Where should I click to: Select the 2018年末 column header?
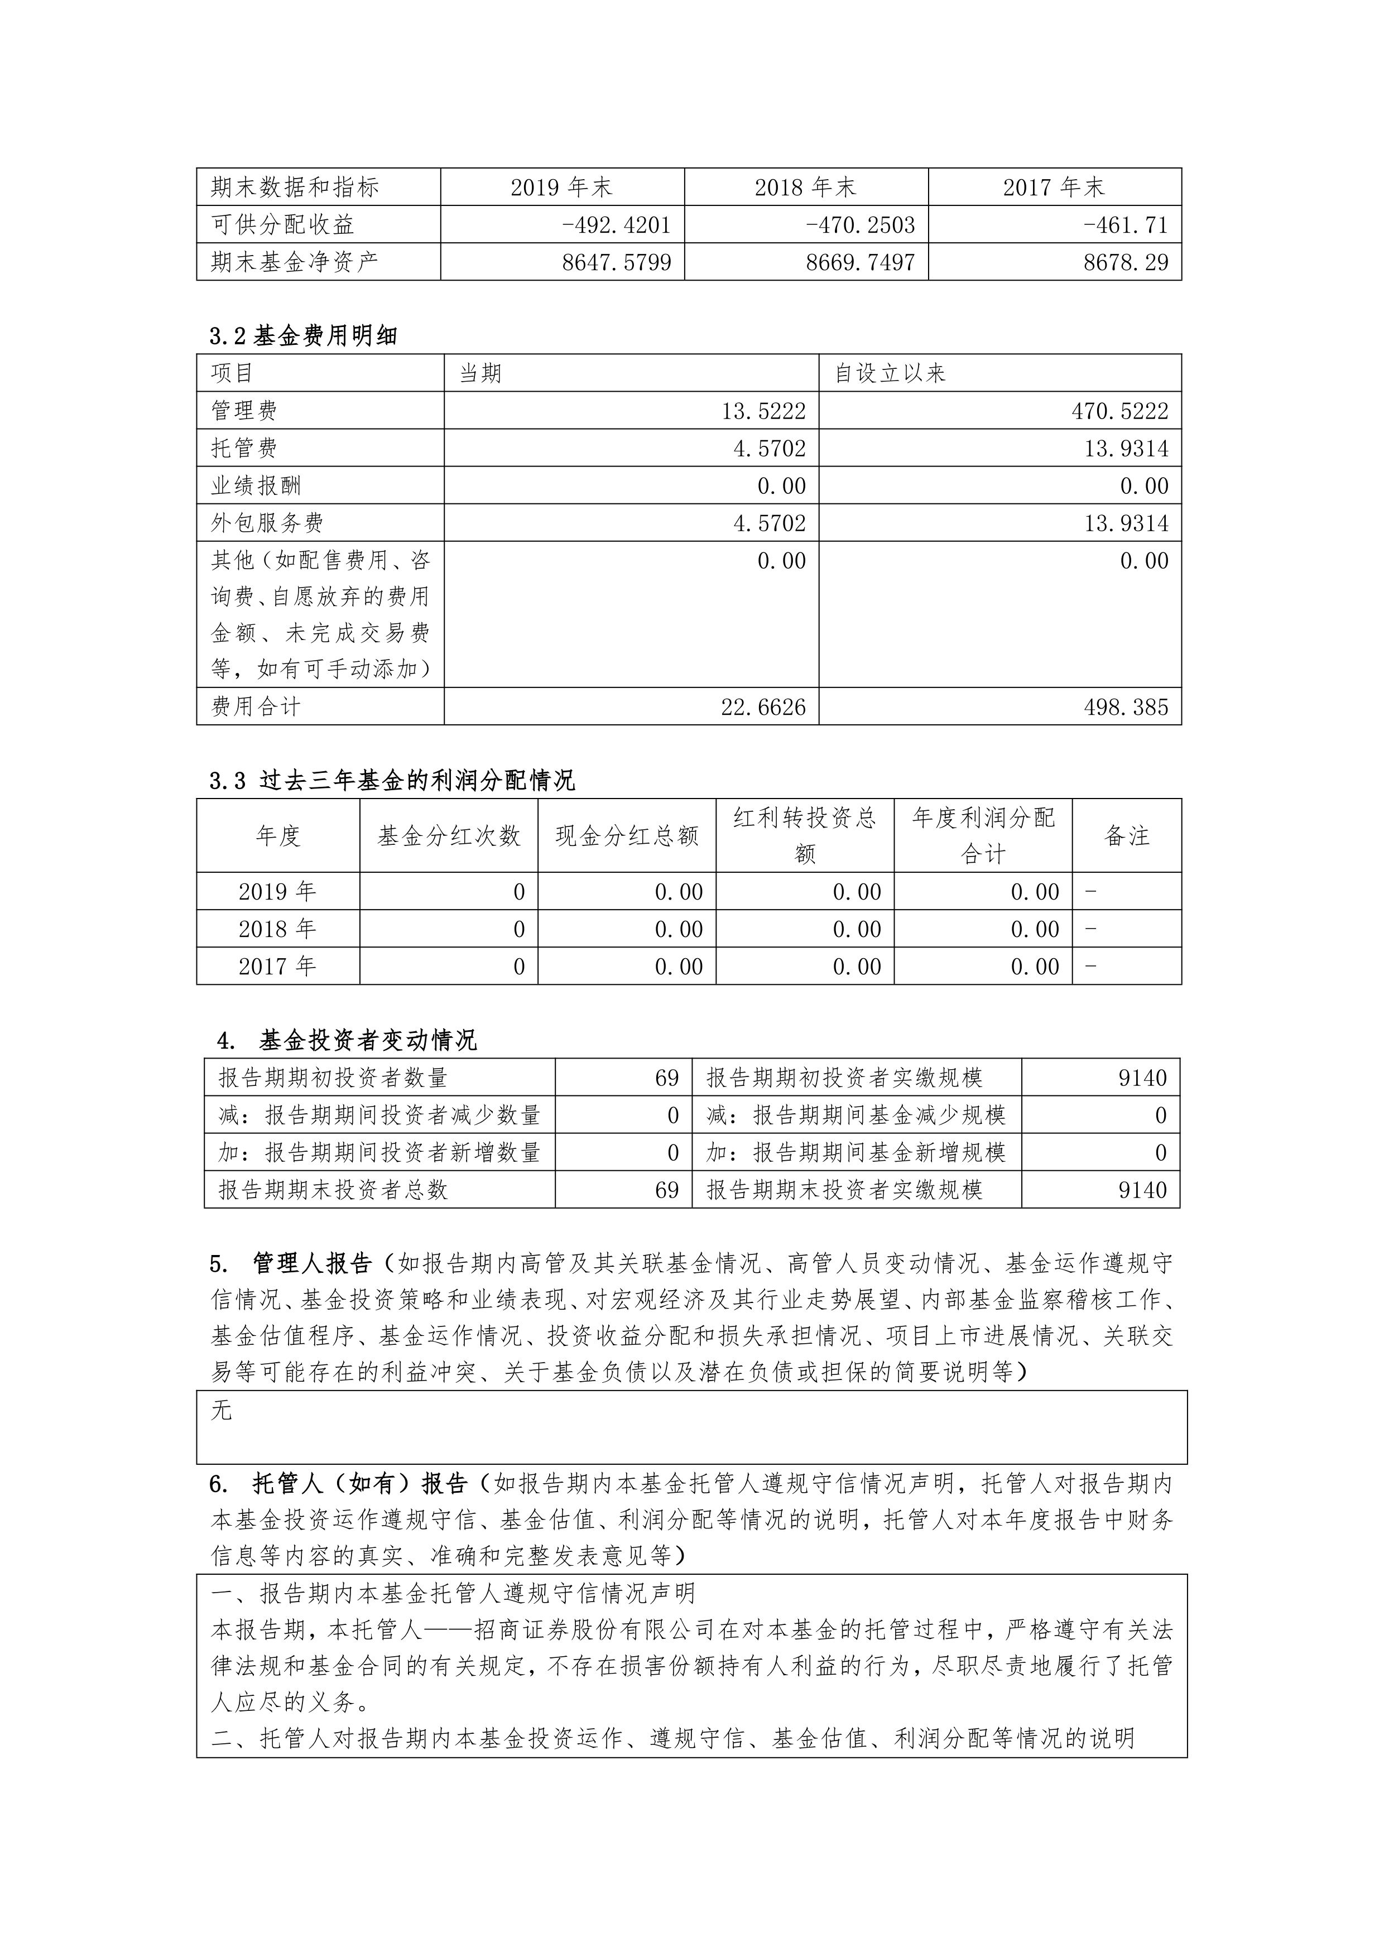click(805, 187)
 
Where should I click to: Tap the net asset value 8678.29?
click(1126, 262)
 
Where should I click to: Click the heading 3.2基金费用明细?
click(304, 336)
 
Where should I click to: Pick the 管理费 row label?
click(244, 411)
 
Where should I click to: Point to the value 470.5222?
click(1120, 411)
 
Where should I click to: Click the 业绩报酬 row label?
click(256, 486)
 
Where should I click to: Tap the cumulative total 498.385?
click(1126, 706)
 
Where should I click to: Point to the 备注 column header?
click(1127, 836)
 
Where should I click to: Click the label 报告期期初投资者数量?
click(333, 1078)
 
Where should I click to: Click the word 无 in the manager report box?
click(222, 1411)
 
